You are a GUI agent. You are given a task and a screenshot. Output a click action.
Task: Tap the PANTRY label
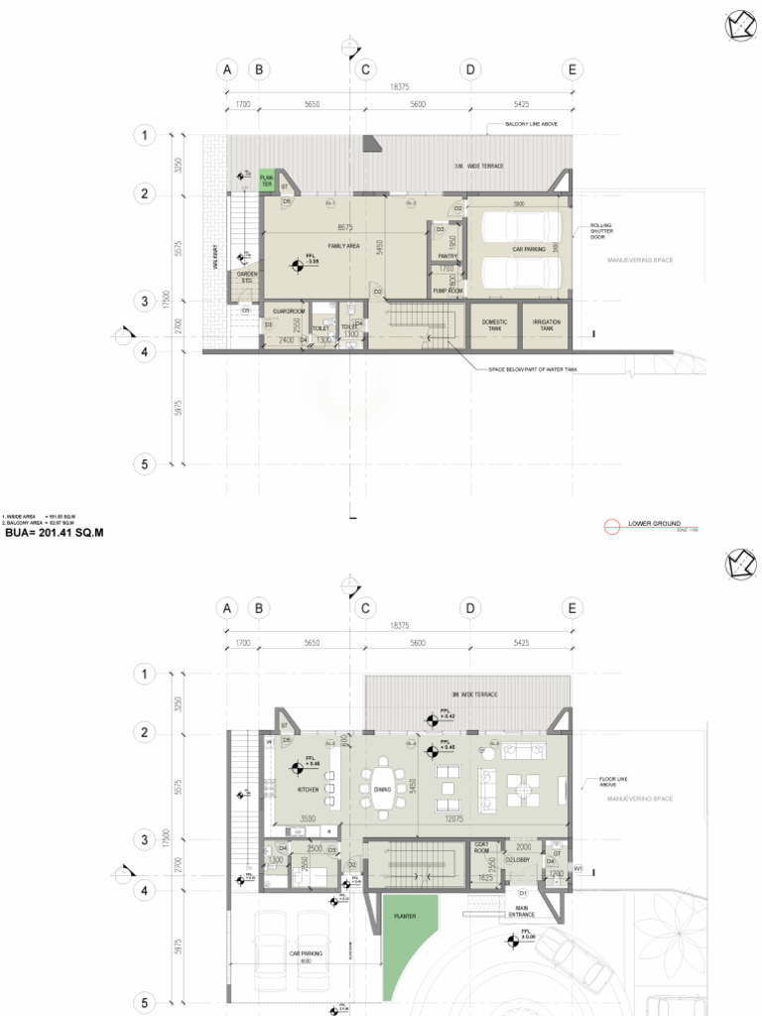tap(447, 255)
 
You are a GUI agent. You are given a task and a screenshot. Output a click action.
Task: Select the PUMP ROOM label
tap(447, 291)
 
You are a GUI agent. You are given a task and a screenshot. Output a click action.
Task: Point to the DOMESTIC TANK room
tap(494, 324)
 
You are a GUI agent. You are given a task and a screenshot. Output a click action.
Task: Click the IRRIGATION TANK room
tap(546, 324)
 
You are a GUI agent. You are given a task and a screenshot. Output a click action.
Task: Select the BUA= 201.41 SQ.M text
tap(55, 533)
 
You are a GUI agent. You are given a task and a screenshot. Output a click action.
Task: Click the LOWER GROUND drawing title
tap(654, 523)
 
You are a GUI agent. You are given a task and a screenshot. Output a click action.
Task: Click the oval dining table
tap(384, 788)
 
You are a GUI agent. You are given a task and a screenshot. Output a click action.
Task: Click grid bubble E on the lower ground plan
tap(571, 69)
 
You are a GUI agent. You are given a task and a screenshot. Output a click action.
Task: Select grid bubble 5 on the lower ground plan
tap(144, 464)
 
